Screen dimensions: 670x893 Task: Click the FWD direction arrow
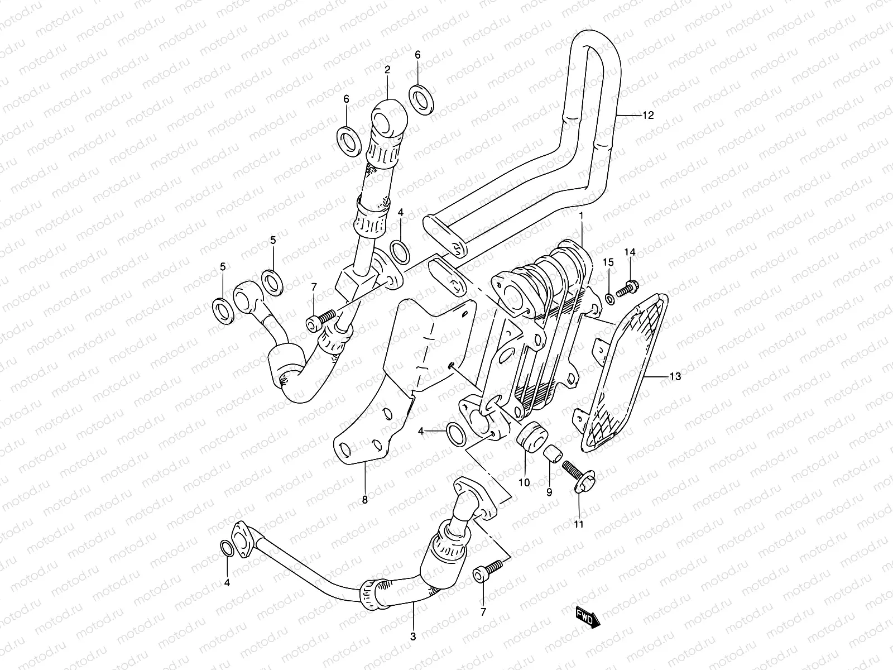pyautogui.click(x=588, y=618)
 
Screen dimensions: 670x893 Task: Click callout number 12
pyautogui.click(x=647, y=116)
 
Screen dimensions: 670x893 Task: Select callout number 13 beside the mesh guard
pyautogui.click(x=675, y=377)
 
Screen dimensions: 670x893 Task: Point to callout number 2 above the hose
pyautogui.click(x=387, y=70)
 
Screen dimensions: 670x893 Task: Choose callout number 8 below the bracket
pyautogui.click(x=365, y=500)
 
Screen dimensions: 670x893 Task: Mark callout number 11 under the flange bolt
pyautogui.click(x=579, y=524)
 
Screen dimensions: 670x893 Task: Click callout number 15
pyautogui.click(x=608, y=262)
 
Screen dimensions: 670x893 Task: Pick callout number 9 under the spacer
pyautogui.click(x=549, y=492)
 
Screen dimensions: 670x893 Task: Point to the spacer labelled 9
pyautogui.click(x=551, y=453)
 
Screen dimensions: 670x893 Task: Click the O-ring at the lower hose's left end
pyautogui.click(x=227, y=548)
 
